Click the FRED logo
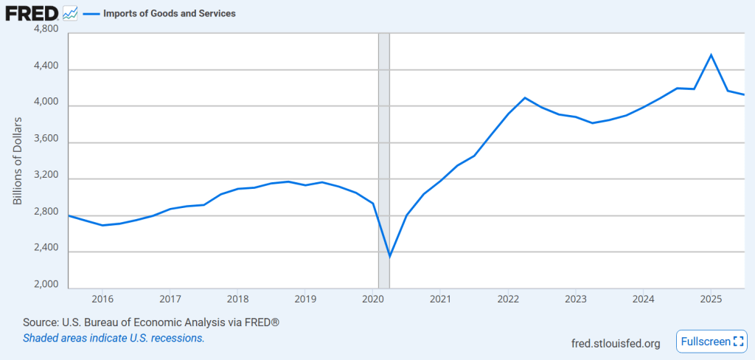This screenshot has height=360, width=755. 32,13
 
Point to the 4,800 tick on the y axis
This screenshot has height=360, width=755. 46,30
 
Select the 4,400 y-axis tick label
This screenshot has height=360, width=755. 46,66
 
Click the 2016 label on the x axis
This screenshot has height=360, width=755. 102,299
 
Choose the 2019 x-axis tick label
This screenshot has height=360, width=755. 305,299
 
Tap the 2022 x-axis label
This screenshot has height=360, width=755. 508,299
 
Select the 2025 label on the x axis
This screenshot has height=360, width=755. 711,299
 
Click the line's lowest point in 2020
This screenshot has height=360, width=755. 389,257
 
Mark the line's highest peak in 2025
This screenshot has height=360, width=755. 711,55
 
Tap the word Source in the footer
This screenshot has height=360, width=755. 40,323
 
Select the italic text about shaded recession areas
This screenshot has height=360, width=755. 114,338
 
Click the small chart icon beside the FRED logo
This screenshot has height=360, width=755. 71,13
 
